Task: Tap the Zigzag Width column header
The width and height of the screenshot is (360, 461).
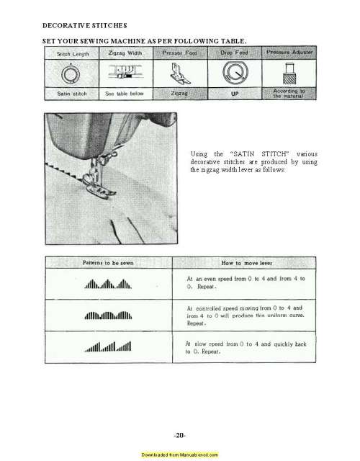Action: click(123, 53)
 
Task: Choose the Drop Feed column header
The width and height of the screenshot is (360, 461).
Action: click(234, 53)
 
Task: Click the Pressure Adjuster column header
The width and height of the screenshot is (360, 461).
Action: click(290, 53)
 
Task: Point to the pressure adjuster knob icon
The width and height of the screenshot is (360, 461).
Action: click(291, 73)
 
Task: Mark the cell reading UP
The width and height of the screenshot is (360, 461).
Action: click(234, 94)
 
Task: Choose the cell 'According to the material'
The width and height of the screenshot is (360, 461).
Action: click(291, 94)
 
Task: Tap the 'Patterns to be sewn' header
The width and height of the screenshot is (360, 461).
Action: click(108, 264)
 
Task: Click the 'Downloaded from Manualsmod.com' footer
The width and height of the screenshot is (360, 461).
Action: click(180, 455)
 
